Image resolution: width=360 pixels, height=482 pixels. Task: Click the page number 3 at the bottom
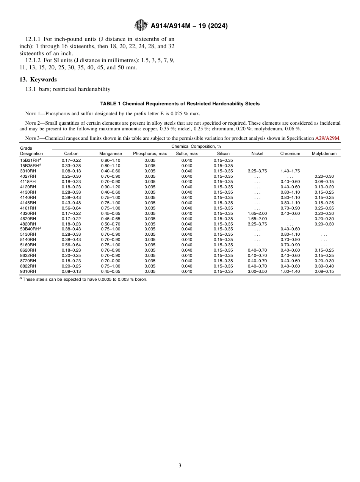click(x=180, y=465)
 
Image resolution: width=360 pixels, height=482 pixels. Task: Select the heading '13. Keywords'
click(x=38, y=80)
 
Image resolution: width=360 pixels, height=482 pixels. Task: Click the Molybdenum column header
click(x=324, y=153)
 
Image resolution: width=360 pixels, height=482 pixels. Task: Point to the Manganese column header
click(x=110, y=153)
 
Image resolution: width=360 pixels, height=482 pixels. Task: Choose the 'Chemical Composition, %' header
click(x=196, y=146)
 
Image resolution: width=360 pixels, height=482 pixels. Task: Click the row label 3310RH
click(x=28, y=171)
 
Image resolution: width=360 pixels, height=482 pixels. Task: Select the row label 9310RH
click(x=28, y=271)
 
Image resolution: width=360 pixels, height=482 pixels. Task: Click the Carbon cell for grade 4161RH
click(x=71, y=208)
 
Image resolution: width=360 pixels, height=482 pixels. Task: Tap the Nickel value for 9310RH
click(x=257, y=271)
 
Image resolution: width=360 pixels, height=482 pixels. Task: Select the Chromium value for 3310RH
click(x=290, y=171)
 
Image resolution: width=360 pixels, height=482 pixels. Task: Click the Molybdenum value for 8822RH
click(x=324, y=266)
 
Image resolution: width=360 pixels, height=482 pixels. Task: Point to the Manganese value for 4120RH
click(x=110, y=187)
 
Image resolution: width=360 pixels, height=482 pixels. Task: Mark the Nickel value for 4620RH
click(x=257, y=219)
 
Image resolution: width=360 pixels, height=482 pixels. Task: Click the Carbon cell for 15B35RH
click(x=71, y=166)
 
